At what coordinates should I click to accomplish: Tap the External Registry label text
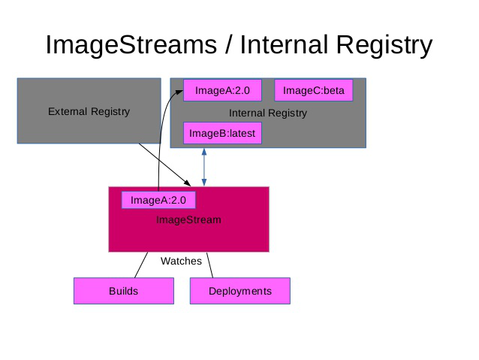pyautogui.click(x=89, y=111)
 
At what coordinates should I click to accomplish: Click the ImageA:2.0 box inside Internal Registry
pyautogui.click(x=217, y=91)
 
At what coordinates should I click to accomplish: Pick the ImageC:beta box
pyautogui.click(x=313, y=91)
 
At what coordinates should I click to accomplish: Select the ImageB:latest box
pyautogui.click(x=222, y=134)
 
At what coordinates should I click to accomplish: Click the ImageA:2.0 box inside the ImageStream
pyautogui.click(x=158, y=200)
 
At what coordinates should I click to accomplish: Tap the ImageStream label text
pyautogui.click(x=188, y=219)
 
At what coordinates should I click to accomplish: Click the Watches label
pyautogui.click(x=181, y=261)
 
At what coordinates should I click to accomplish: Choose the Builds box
pyautogui.click(x=123, y=291)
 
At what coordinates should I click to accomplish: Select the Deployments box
pyautogui.click(x=239, y=291)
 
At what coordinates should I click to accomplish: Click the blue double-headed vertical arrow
pyautogui.click(x=204, y=167)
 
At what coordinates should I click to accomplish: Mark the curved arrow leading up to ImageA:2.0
pyautogui.click(x=160, y=143)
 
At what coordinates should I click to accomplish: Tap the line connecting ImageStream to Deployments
pyautogui.click(x=210, y=265)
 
